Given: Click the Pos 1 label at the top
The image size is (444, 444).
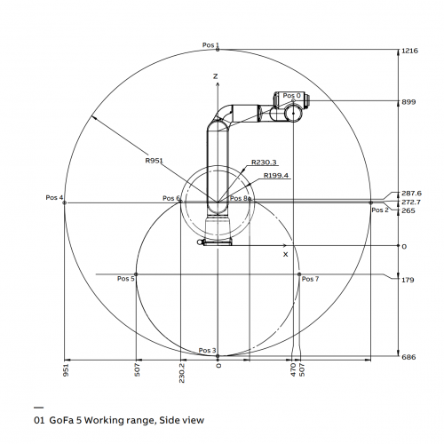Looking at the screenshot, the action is (x=210, y=45).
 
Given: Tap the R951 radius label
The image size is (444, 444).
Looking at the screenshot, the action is (x=154, y=161).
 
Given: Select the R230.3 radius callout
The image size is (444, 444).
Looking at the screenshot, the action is (x=264, y=163).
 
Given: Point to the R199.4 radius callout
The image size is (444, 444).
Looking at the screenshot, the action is (x=276, y=176).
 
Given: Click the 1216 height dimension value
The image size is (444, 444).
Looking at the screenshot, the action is (x=409, y=51).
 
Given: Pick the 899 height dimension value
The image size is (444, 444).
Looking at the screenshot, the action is (x=408, y=102).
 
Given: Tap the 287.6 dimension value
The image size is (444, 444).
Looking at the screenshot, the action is (x=411, y=194).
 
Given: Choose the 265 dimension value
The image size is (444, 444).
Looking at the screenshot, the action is (x=408, y=210).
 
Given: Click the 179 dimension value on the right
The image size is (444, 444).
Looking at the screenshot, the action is (x=408, y=280).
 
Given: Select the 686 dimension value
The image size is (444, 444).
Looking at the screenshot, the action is (x=408, y=357).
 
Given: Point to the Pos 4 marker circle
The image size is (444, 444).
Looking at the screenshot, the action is (x=65, y=202).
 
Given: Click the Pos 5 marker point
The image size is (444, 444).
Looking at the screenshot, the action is (x=136, y=274).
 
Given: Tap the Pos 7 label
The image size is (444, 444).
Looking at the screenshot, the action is (x=310, y=279).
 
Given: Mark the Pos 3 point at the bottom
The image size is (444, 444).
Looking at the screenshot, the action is (x=218, y=356).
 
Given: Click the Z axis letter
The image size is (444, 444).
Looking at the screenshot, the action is (x=215, y=76).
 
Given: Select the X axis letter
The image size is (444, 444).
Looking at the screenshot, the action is (x=285, y=254).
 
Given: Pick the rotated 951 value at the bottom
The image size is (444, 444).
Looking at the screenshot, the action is (x=66, y=370).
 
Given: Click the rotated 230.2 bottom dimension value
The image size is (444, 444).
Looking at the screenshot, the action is (x=182, y=373).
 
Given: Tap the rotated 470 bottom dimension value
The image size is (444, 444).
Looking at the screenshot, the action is (x=293, y=370).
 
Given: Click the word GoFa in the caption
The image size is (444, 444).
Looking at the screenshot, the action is (x=61, y=420).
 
